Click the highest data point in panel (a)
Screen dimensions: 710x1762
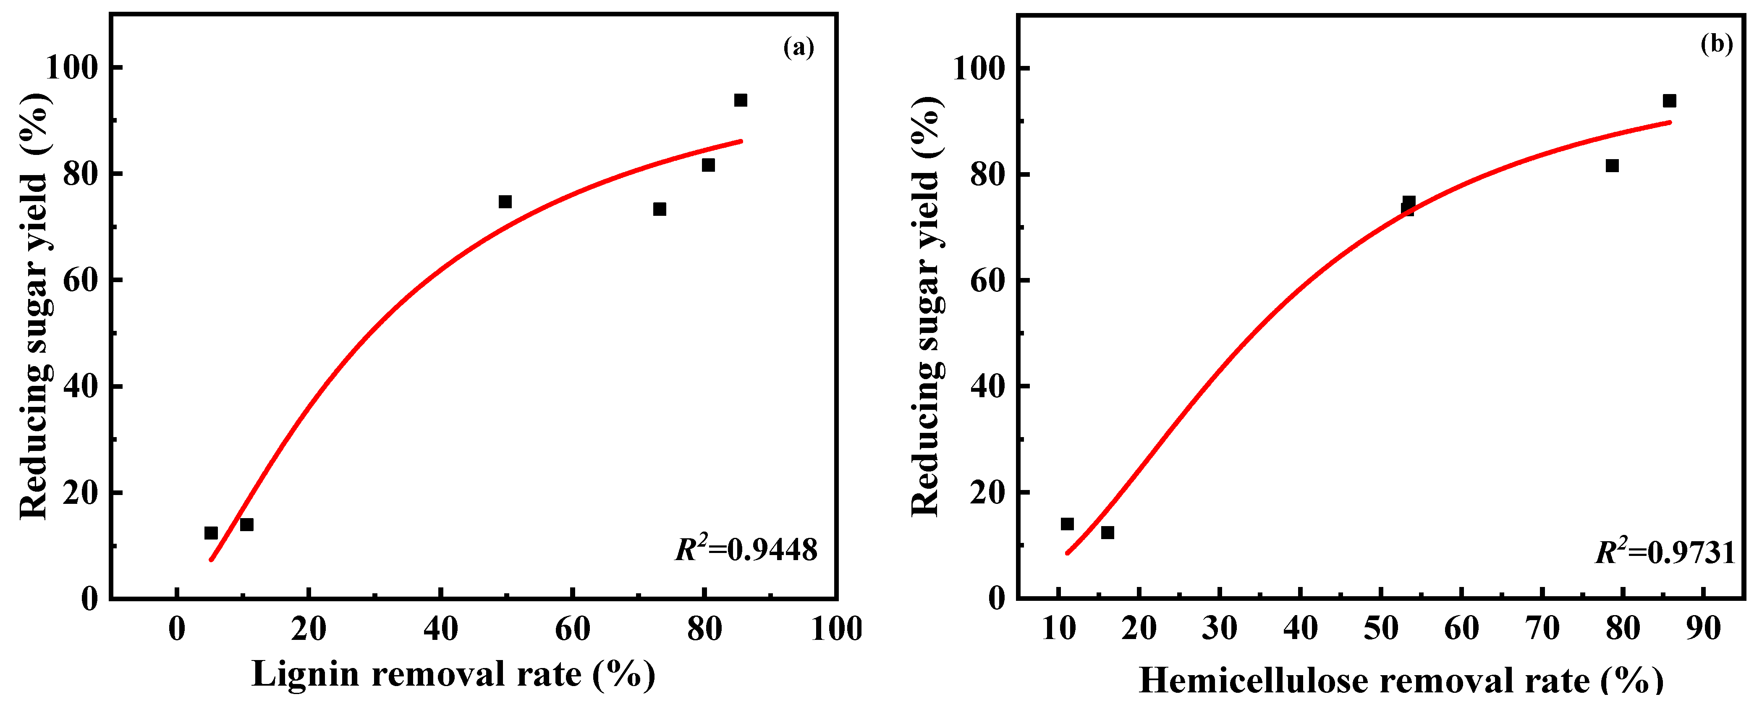[740, 100]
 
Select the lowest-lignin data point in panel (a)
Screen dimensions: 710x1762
[211, 533]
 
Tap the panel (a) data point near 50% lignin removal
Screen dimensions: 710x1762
[505, 202]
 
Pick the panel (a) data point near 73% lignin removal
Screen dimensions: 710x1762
[660, 210]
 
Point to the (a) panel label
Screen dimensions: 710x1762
[798, 47]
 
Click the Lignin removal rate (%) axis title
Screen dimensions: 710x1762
[453, 674]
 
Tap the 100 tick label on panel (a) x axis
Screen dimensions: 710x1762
[836, 629]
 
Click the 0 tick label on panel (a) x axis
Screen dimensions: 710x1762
[177, 629]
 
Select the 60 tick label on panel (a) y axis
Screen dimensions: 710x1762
[81, 280]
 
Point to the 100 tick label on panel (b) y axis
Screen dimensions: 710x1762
[979, 68]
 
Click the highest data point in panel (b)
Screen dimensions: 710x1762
[1669, 101]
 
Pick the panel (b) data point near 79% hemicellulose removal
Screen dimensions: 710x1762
[1612, 165]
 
